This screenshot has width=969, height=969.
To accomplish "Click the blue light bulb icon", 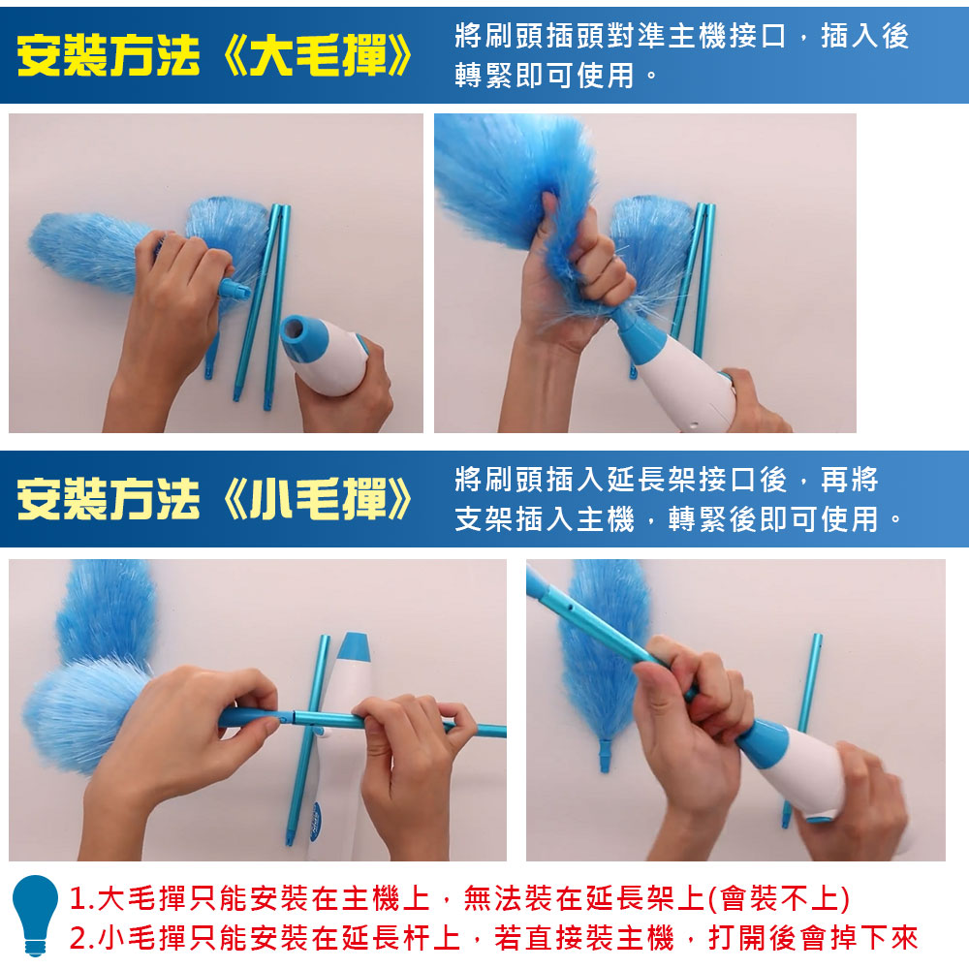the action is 35,916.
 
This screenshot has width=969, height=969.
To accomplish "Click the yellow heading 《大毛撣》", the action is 317,55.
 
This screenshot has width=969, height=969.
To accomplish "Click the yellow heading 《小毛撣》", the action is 317,499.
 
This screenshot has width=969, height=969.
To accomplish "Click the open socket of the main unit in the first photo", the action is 298,331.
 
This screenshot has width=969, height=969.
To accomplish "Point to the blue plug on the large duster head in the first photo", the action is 234,289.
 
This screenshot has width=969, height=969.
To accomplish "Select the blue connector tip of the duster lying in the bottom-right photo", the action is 605,757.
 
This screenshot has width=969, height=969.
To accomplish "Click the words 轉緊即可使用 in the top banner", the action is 545,76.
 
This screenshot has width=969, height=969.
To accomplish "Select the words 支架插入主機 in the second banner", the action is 545,518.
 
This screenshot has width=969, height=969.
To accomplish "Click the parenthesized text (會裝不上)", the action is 779,898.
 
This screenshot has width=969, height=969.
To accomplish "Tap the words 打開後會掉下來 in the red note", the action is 813,938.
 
